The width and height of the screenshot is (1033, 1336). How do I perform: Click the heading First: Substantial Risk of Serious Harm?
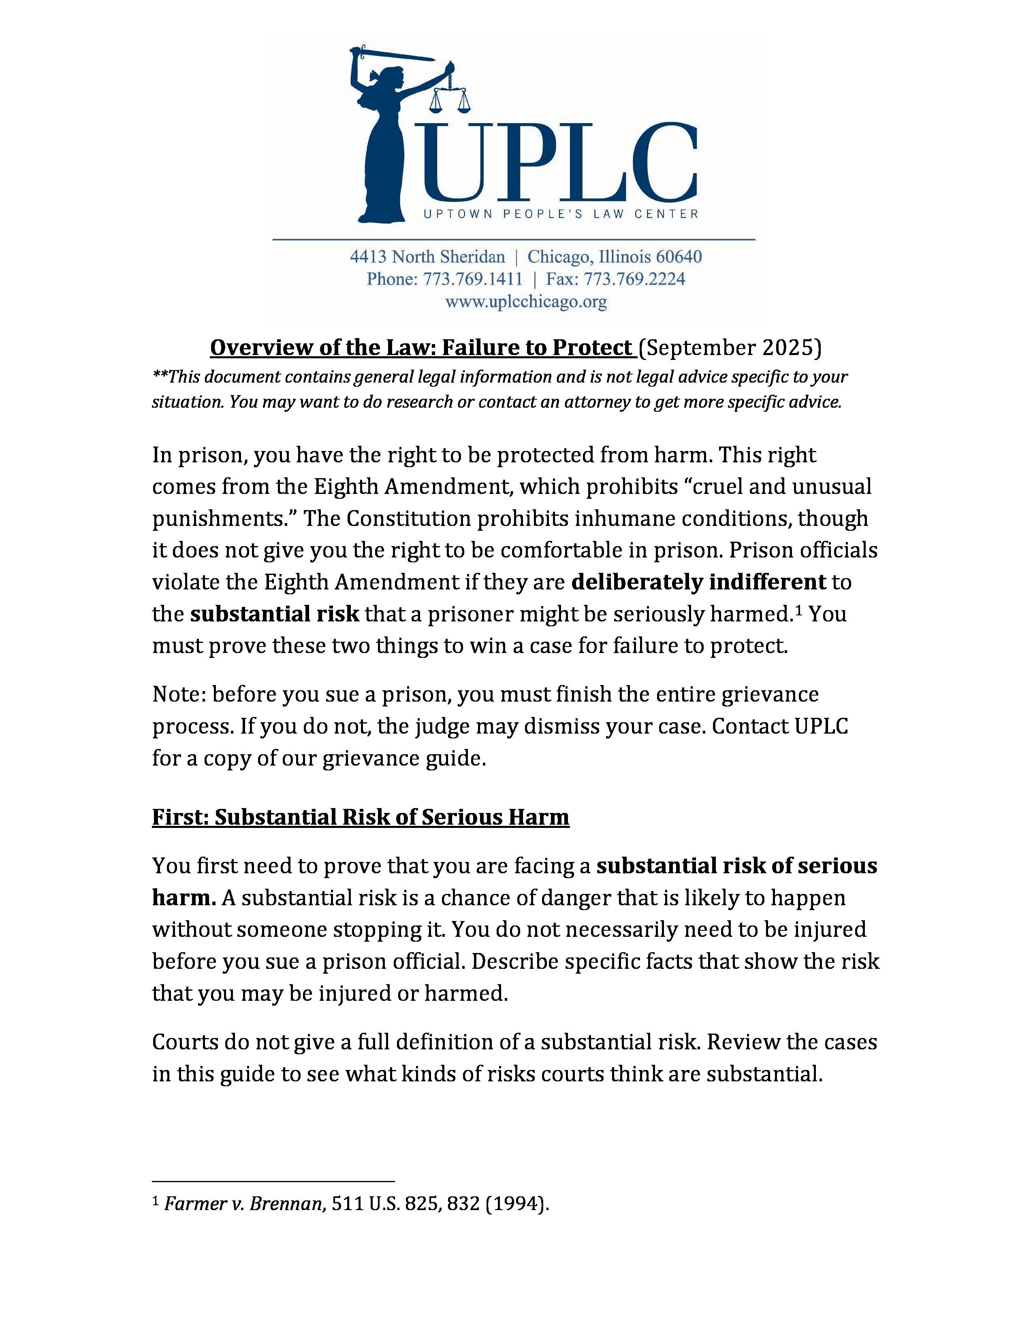[x=361, y=817]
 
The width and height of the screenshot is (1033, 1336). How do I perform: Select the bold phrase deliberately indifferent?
[x=698, y=582]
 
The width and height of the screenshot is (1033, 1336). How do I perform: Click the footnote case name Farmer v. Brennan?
[x=243, y=1204]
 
